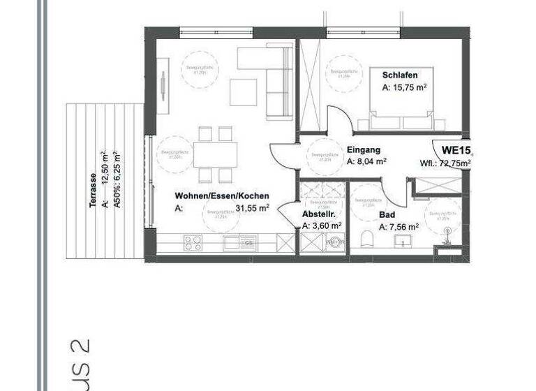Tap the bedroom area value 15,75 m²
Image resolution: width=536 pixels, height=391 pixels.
(x=404, y=89)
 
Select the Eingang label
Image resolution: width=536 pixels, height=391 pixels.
(x=363, y=149)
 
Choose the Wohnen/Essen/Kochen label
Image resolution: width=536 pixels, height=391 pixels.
(x=221, y=197)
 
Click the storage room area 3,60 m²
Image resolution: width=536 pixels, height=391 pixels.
(x=322, y=226)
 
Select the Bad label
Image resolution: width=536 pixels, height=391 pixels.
(x=387, y=216)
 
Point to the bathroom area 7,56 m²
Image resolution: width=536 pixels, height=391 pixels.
(x=399, y=228)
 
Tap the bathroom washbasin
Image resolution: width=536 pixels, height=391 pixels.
(x=403, y=242)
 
